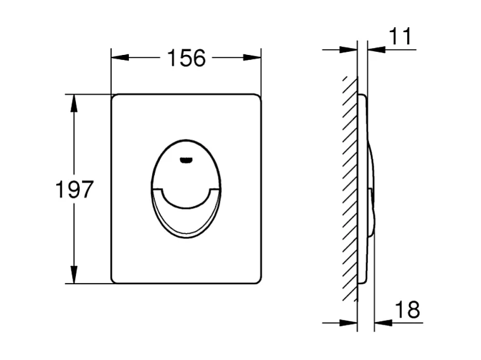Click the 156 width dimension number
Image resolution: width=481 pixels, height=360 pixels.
pos(186,58)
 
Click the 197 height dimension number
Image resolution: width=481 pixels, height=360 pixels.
pos(75,189)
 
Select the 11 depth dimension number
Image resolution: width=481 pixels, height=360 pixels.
pos(399,37)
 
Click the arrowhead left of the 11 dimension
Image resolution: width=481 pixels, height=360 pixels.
pos(349,49)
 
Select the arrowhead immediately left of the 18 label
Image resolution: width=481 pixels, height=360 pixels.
pos(382,323)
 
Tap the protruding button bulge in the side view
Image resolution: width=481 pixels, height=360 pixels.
pos(372,189)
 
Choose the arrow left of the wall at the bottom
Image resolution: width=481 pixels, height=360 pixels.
pos(350,323)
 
